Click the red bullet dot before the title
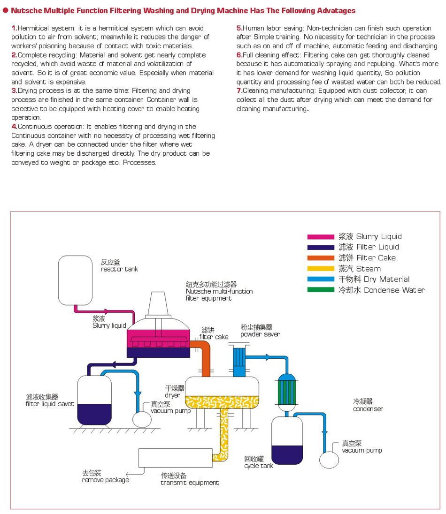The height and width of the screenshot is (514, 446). pyautogui.click(x=6, y=10)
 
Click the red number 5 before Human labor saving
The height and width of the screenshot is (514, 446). pyautogui.click(x=239, y=28)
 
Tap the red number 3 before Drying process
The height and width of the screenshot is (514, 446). pyautogui.click(x=14, y=91)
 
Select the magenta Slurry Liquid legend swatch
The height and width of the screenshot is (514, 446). pyautogui.click(x=320, y=237)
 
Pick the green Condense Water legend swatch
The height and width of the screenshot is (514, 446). pyautogui.click(x=320, y=290)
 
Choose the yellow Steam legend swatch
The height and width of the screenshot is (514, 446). pyautogui.click(x=320, y=269)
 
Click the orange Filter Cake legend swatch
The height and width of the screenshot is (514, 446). pyautogui.click(x=320, y=258)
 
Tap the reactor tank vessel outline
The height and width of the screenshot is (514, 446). pyautogui.click(x=75, y=280)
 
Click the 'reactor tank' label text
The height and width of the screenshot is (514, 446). pyautogui.click(x=119, y=269)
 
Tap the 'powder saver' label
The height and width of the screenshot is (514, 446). pyautogui.click(x=260, y=334)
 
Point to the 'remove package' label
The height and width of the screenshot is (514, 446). pyautogui.click(x=105, y=480)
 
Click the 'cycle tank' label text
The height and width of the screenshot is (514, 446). pyautogui.click(x=259, y=466)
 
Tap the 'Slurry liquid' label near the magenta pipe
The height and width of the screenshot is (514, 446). pyautogui.click(x=109, y=325)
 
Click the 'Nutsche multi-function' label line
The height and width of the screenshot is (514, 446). pyautogui.click(x=219, y=291)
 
